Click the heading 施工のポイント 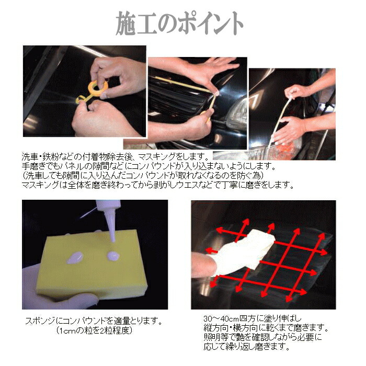(180, 23)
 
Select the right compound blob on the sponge (112, 256)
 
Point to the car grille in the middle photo (178, 102)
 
